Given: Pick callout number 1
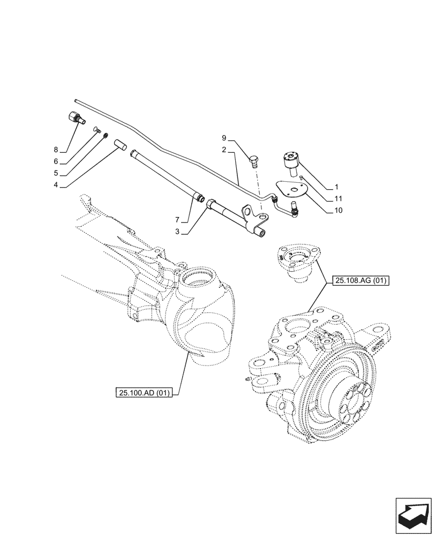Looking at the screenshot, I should click(x=336, y=187).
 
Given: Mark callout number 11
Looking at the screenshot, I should click(x=337, y=198).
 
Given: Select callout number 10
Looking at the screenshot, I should click(x=337, y=210).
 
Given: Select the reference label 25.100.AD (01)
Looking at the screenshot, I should click(x=142, y=393).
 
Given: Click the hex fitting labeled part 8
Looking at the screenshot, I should click(x=74, y=118).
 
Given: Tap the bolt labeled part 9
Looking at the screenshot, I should click(x=255, y=160).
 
